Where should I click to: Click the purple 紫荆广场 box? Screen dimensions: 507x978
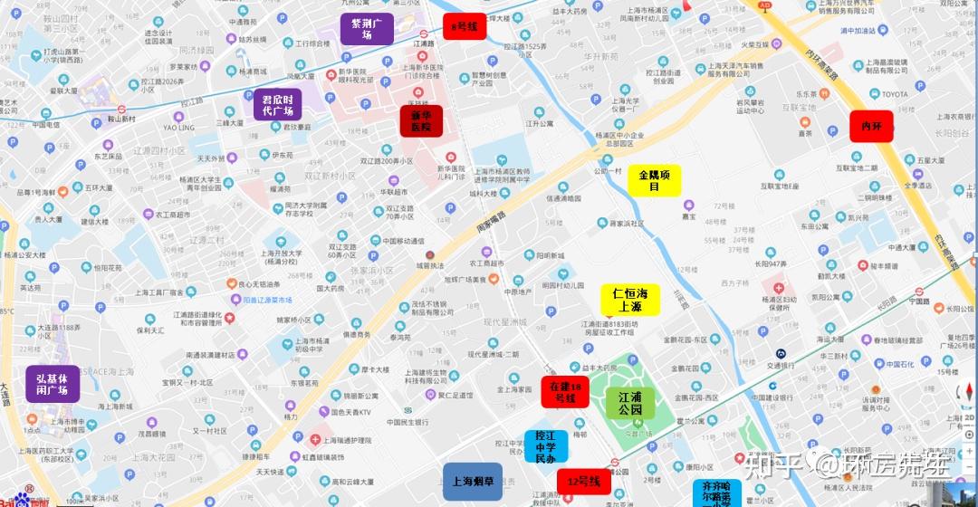pos(367,29)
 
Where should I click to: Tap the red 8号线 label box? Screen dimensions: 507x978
pos(465,27)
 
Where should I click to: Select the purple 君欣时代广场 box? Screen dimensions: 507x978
pos(278,106)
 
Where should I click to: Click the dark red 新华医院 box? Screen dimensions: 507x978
pos(421,121)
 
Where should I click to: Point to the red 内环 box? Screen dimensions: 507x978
pos(871,126)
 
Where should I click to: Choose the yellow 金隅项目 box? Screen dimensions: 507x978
pos(655,180)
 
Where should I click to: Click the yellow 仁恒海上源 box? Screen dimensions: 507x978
pos(630,300)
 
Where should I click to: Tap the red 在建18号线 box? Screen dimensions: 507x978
pos(565,392)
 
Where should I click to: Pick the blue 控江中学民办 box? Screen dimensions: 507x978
pos(545,446)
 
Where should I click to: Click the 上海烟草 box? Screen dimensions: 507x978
pos(473,482)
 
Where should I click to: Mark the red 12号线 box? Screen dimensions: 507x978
pos(583,483)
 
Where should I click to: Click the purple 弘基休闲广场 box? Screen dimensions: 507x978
pos(53,383)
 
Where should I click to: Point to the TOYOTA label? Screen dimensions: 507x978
pos(895,94)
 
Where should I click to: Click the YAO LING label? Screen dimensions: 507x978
pos(178,128)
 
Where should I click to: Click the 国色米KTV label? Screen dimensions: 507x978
pos(350,412)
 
